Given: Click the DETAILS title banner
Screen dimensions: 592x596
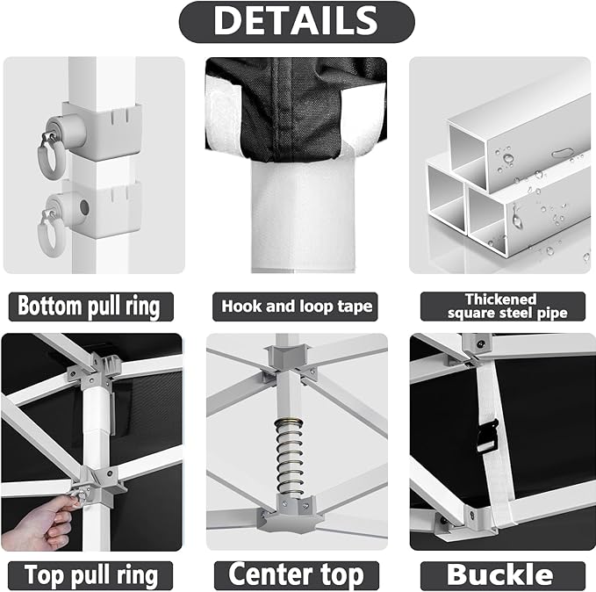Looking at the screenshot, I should tap(297, 21).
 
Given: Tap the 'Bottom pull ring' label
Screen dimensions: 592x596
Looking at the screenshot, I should tap(90, 307).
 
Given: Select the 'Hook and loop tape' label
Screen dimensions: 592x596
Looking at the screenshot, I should tap(298, 307).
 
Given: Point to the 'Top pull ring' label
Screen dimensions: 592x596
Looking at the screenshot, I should tap(90, 575).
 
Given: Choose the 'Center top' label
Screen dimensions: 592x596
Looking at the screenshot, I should tap(297, 575).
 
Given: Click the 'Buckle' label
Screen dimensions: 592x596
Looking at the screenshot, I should tap(500, 575).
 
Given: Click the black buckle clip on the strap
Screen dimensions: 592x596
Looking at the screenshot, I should tap(487, 434).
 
